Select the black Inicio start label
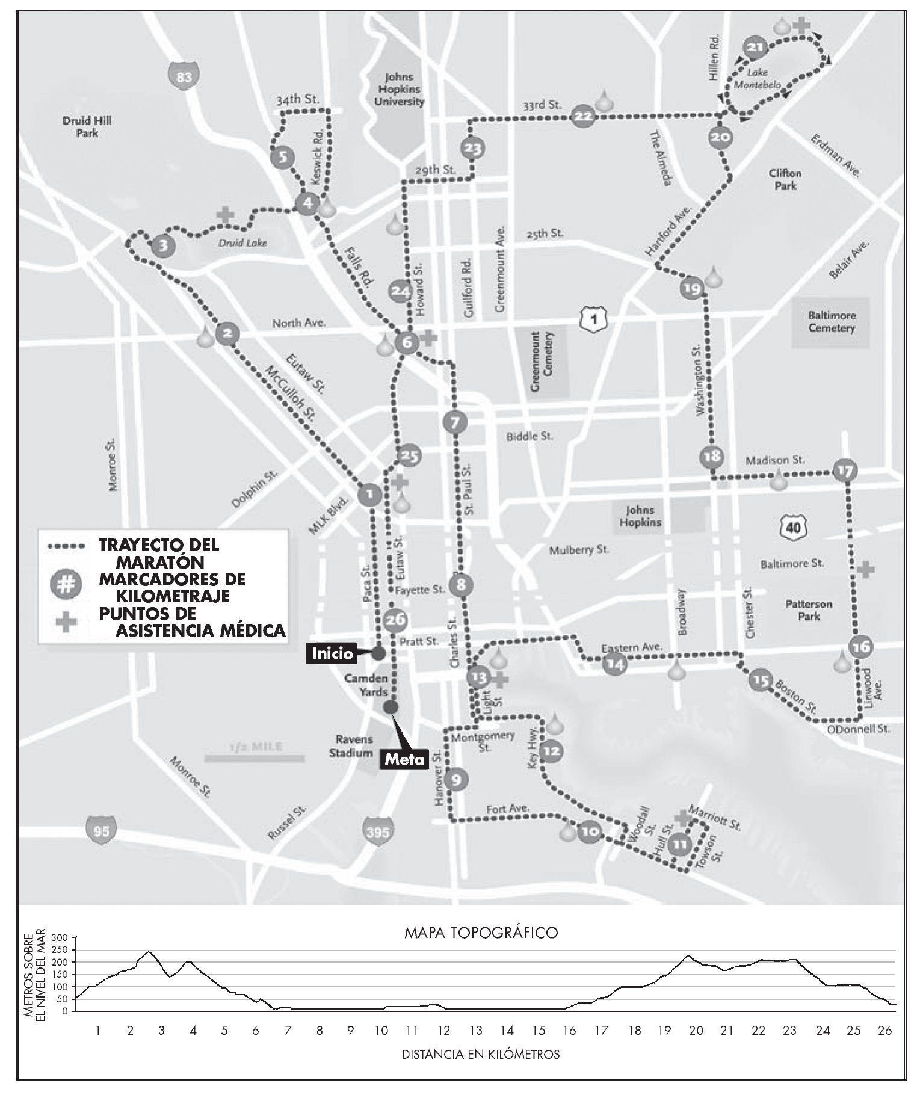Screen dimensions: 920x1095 (332, 653)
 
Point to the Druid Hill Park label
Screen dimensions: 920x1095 (87, 126)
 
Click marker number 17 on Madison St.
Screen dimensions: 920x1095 (845, 471)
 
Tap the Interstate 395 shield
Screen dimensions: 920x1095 (377, 832)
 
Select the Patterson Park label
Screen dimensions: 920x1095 (809, 610)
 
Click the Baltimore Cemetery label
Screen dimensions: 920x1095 (832, 322)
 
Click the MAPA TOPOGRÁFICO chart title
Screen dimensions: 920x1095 (481, 933)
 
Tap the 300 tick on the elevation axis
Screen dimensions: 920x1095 (61, 938)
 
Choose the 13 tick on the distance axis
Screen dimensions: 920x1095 (475, 1031)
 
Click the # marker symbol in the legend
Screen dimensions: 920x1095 (67, 585)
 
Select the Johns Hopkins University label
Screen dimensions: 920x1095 (399, 89)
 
